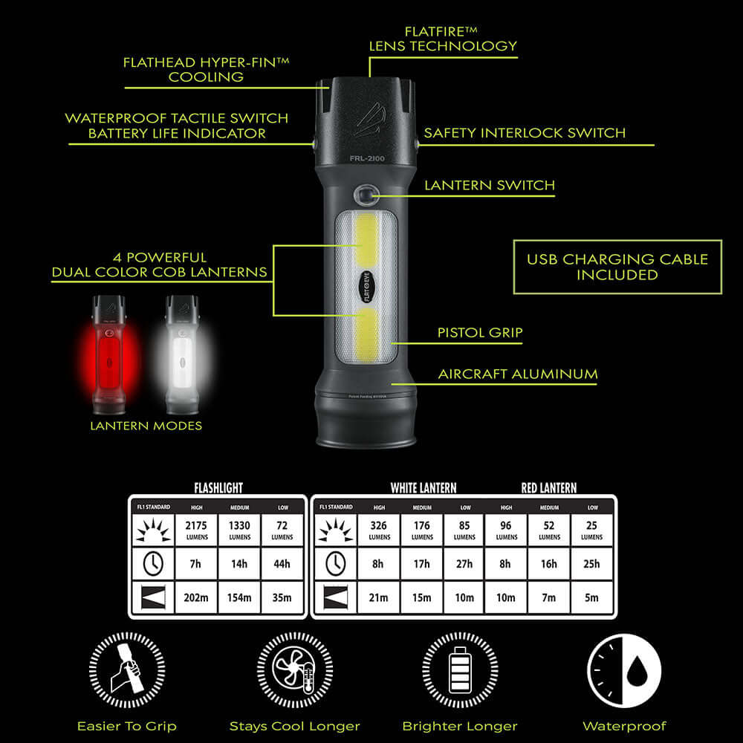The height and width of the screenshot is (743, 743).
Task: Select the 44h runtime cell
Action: (282, 564)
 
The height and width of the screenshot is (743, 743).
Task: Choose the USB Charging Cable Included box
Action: (617, 267)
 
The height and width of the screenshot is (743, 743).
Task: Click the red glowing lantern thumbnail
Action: (107, 357)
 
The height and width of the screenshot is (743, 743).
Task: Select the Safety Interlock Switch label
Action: (525, 134)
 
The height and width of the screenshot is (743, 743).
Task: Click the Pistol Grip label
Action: (480, 333)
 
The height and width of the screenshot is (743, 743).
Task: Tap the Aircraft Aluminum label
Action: (518, 374)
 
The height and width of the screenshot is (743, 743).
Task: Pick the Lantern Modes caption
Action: (146, 426)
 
